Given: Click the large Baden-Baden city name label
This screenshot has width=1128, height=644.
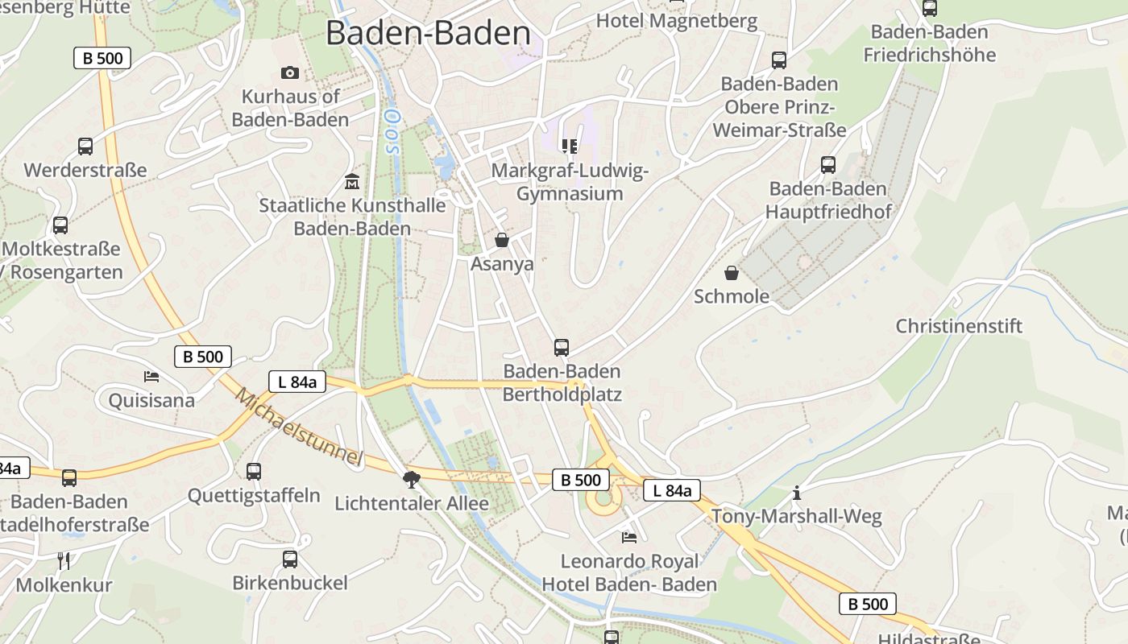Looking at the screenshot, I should [428, 33].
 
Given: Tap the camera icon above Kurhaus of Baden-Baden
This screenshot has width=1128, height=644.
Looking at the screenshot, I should [290, 72].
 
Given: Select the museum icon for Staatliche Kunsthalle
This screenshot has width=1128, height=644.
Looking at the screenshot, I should [351, 181].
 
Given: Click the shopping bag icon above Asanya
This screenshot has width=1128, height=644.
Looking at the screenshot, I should [502, 240].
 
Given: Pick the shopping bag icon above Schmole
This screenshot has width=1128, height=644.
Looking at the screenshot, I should [732, 273].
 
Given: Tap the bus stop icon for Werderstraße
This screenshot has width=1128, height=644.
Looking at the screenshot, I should [85, 147].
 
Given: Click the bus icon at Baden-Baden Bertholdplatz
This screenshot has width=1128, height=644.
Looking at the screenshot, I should [562, 348].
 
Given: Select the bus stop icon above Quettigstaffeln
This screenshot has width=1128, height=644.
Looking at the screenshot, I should [254, 472].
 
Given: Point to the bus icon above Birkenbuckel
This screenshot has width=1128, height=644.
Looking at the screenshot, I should [290, 559].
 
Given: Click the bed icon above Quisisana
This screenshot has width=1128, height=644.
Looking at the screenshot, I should [151, 376].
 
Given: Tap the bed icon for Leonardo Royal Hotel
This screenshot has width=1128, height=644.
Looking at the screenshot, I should [629, 537].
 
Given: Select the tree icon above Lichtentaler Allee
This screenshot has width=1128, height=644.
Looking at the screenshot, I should [412, 480].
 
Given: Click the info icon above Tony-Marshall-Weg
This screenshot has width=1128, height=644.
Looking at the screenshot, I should [797, 493].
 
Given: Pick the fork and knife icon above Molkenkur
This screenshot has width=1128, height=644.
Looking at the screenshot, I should [64, 560].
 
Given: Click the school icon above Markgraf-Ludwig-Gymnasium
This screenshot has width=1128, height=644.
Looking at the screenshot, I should [570, 146].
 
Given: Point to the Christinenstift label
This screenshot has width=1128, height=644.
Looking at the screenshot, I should [959, 326].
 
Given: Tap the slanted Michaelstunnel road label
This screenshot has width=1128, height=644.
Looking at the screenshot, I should [299, 427].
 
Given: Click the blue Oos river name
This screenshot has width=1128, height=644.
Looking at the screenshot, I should [392, 133].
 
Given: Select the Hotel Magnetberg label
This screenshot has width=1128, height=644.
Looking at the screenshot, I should [677, 20].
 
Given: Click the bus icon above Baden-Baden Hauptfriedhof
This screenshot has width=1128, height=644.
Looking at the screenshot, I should [827, 165].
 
